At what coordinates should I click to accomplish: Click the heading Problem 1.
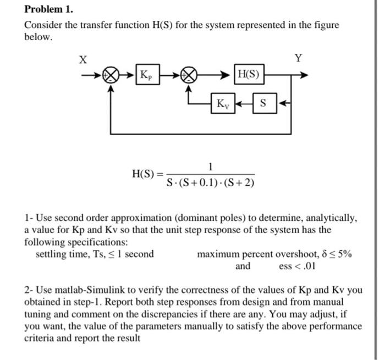49,10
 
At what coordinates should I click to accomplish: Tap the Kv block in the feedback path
224,103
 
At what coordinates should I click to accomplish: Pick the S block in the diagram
263,103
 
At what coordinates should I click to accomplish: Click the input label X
83,60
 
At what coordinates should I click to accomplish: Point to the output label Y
299,58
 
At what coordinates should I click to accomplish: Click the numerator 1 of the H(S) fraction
211,167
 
